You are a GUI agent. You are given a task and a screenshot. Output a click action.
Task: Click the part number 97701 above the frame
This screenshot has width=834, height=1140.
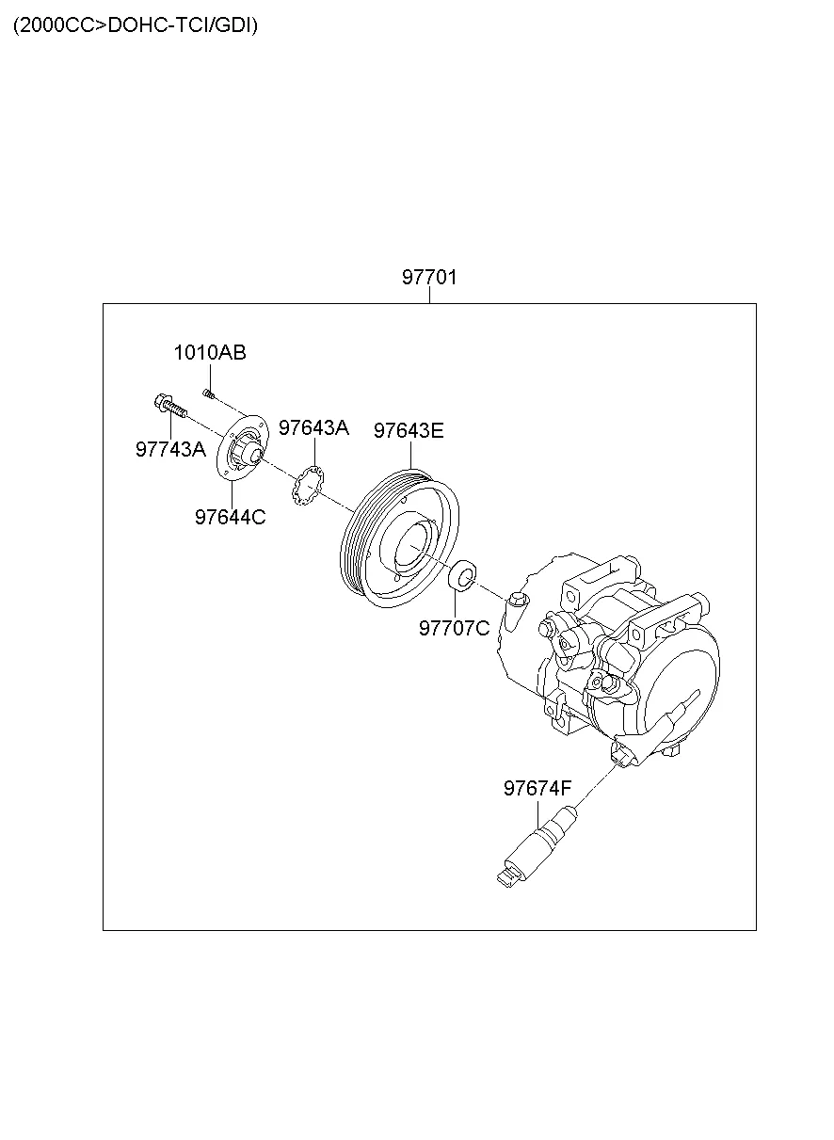click(x=429, y=278)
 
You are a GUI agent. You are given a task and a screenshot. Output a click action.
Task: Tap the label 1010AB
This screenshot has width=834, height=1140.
click(x=209, y=353)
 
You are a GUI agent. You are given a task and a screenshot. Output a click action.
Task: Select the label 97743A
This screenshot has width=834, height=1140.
click(x=170, y=449)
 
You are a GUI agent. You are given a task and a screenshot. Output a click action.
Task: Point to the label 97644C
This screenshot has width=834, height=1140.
click(x=230, y=517)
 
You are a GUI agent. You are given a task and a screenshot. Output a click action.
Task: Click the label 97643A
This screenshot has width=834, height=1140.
click(x=313, y=428)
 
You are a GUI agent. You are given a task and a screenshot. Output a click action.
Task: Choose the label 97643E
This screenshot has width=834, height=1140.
click(x=409, y=431)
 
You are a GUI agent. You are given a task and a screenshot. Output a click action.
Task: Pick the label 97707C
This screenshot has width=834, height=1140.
click(x=455, y=628)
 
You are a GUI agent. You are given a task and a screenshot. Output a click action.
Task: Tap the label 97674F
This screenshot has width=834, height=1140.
click(x=537, y=789)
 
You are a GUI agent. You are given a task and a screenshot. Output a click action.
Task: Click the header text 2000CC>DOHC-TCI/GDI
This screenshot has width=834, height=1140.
click(x=136, y=25)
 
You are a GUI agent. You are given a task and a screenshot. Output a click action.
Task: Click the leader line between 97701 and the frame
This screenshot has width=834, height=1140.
click(x=429, y=296)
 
